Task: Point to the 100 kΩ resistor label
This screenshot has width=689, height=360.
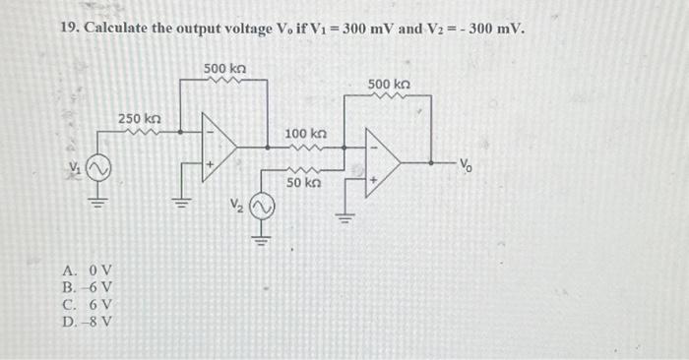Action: [x=305, y=133]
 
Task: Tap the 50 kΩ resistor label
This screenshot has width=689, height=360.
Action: [x=304, y=182]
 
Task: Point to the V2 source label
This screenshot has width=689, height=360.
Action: [x=234, y=208]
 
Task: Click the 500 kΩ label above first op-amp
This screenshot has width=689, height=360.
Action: [x=224, y=69]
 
